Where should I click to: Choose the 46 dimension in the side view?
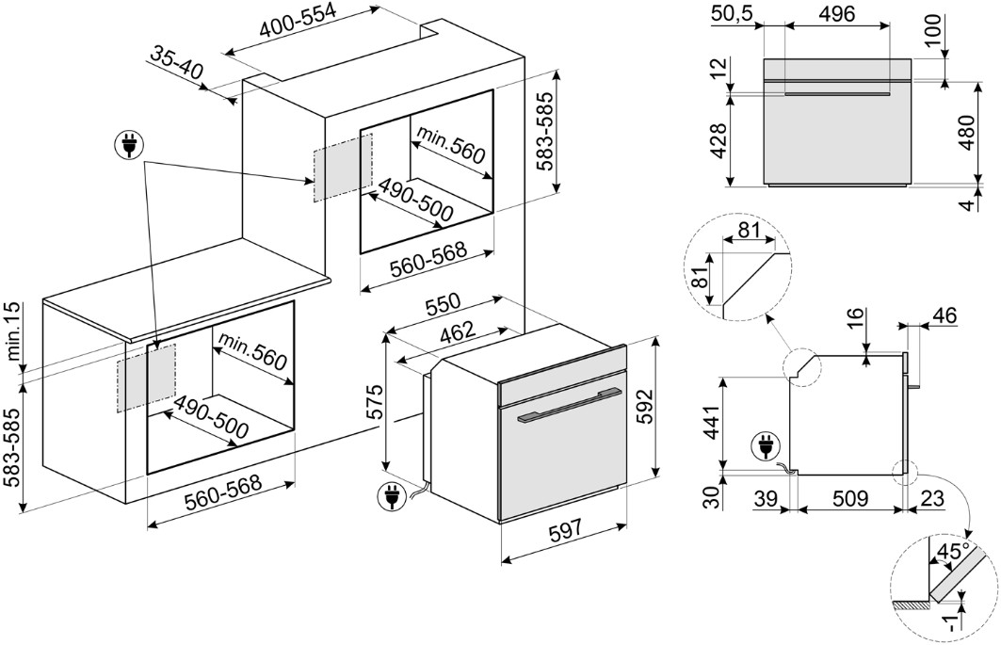(944, 316)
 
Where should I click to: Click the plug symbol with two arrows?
(125, 145)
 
